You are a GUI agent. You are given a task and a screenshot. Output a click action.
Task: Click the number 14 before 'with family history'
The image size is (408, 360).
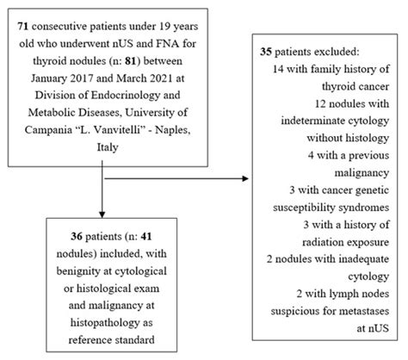[x=277, y=69]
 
